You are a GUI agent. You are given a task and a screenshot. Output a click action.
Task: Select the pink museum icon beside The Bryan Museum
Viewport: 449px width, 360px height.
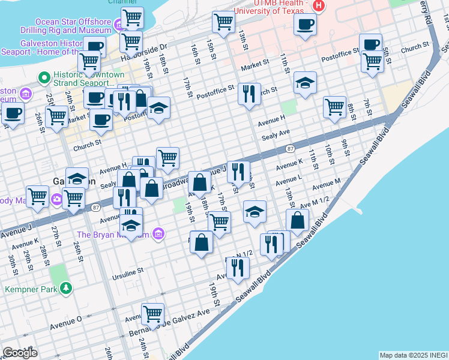click(158, 233)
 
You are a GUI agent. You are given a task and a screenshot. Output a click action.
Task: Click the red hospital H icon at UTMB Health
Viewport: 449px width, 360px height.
click(319, 6)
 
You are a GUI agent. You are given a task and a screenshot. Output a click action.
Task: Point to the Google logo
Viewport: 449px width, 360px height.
click(20, 353)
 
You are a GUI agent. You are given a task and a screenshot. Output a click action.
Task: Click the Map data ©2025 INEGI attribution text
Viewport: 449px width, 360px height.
click(413, 355)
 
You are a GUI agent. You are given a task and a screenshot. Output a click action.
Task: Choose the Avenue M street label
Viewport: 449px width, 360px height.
click(326, 182)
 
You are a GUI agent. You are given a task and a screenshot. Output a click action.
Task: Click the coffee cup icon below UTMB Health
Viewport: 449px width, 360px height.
click(306, 25)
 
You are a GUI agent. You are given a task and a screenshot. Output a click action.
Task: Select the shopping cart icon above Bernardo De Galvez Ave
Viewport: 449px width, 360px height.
click(153, 313)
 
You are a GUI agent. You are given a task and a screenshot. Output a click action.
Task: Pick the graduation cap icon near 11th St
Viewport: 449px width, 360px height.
click(305, 83)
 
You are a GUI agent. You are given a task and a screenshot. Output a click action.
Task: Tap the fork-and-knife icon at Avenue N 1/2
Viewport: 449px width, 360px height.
click(238, 268)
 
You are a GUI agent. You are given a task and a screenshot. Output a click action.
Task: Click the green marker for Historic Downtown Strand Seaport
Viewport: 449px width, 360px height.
click(43, 77)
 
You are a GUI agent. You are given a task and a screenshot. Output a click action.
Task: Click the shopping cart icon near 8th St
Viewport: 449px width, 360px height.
click(334, 107)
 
